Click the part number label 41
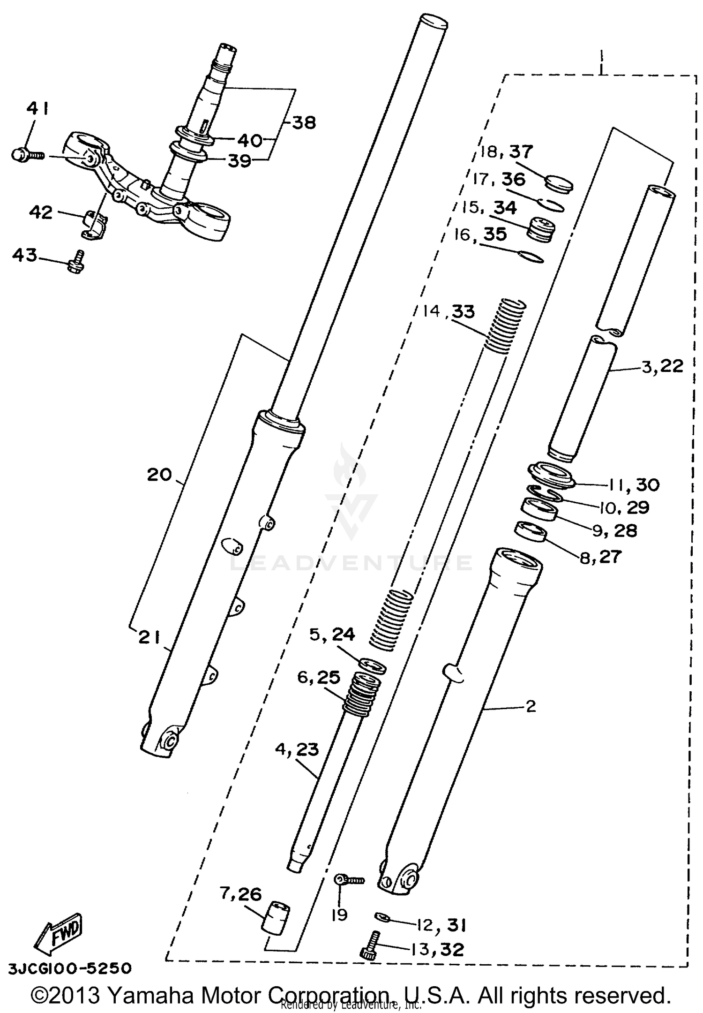37,109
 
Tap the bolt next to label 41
26,154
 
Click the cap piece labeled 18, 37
559,183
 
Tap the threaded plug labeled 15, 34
541,229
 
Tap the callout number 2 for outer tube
531,706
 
